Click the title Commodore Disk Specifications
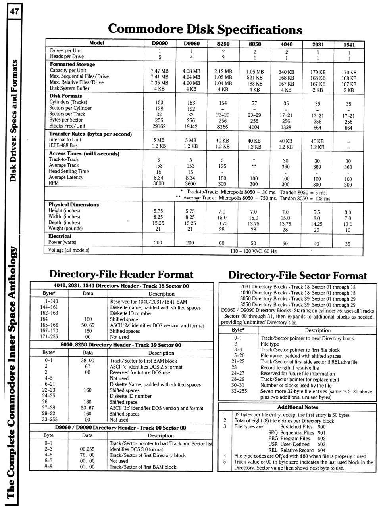point(205,29)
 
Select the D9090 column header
point(160,43)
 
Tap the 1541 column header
point(349,45)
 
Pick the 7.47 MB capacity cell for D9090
point(160,71)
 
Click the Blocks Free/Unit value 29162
point(158,126)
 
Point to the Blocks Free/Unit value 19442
point(190,126)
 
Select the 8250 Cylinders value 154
point(223,103)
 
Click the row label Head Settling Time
point(69,171)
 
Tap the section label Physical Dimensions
point(74,205)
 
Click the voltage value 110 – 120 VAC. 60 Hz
point(253,251)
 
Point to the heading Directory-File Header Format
point(121,275)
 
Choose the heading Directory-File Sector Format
point(298,276)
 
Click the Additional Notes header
point(298,407)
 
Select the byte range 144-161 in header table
point(49,307)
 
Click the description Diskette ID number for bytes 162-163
point(131,313)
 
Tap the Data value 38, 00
point(88,361)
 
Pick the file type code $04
point(321,450)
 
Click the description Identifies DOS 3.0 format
point(136,449)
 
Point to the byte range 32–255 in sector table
point(239,391)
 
